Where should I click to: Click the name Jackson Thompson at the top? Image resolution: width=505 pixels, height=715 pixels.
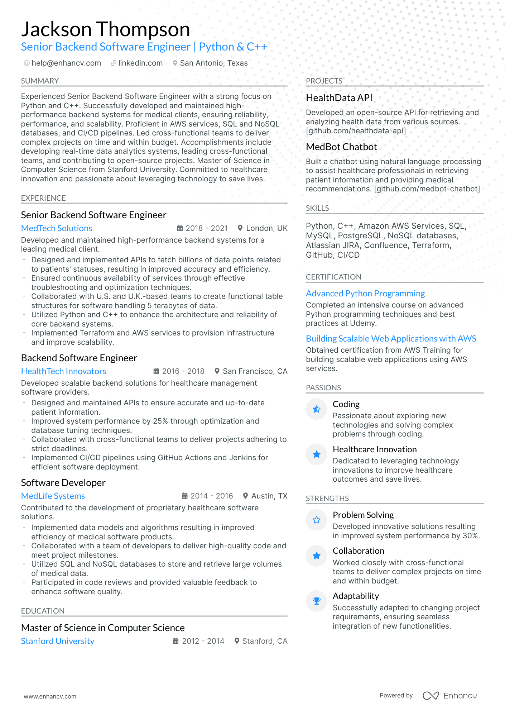point(105,29)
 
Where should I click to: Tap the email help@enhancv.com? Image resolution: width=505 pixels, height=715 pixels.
point(66,63)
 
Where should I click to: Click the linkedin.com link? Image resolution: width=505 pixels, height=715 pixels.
point(140,63)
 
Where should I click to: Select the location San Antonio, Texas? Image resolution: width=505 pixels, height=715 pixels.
point(213,63)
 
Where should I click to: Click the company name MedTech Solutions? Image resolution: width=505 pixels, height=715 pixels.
point(57,228)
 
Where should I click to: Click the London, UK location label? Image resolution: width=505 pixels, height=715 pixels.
point(266,228)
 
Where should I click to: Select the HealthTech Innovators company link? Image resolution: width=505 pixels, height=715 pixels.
point(64,371)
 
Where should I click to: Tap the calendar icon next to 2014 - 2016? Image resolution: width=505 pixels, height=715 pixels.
point(185,496)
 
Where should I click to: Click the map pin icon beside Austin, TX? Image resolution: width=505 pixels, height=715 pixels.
point(245,496)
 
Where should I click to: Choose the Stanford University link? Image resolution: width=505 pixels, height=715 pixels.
point(58,641)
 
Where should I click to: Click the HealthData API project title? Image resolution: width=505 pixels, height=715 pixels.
point(339,98)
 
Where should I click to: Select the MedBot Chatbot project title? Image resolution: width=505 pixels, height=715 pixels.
point(341,147)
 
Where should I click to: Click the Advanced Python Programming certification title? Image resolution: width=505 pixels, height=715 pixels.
point(365,294)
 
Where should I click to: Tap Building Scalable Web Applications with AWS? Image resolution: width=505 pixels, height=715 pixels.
point(391,339)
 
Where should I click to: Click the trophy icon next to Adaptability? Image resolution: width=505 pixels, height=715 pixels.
point(317,601)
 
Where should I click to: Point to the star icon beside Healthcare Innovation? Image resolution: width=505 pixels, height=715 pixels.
point(317,454)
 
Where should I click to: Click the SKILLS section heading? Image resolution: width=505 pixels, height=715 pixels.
point(317,208)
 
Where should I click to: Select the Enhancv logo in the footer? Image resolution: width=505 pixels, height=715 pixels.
point(449,696)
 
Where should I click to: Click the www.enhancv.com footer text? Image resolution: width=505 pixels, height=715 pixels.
point(50,696)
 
